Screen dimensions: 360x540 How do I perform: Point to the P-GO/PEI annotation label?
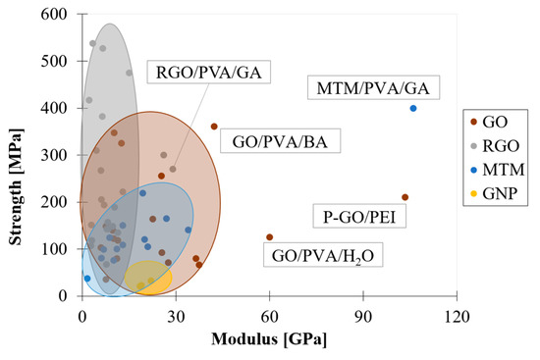coord(353,219)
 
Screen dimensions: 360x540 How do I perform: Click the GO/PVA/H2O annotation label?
coord(325,258)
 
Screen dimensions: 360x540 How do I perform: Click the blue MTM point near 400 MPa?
coord(413,108)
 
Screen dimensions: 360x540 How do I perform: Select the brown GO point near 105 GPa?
coord(405,197)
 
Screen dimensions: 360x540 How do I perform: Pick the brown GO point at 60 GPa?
coord(270,237)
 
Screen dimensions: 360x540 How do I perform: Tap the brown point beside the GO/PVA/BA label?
coord(214,127)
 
